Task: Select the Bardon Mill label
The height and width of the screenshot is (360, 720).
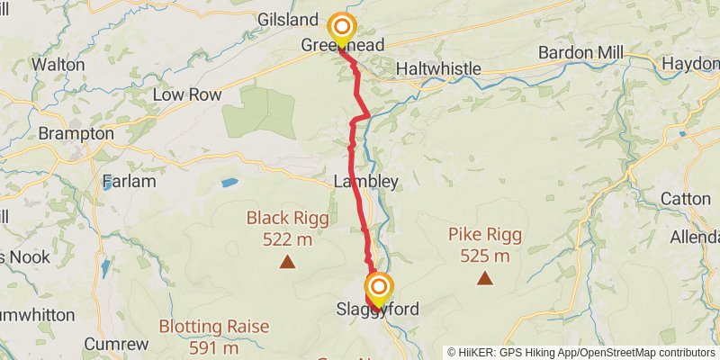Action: pyautogui.click(x=580, y=52)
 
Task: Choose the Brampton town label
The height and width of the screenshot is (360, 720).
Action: pyautogui.click(x=76, y=134)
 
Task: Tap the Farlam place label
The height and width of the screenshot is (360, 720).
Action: pyautogui.click(x=129, y=181)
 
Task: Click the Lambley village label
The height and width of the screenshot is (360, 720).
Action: pyautogui.click(x=365, y=181)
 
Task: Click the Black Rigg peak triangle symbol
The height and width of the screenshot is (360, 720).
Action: pyautogui.click(x=287, y=262)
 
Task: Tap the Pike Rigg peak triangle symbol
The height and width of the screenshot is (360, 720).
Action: pyautogui.click(x=485, y=277)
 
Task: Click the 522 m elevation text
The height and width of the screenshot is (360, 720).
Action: pyautogui.click(x=287, y=239)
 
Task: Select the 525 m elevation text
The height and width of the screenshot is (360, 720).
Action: pyautogui.click(x=485, y=256)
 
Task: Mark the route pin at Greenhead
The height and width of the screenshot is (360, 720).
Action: pyautogui.click(x=341, y=27)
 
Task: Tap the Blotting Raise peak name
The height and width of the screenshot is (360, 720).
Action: pyautogui.click(x=213, y=326)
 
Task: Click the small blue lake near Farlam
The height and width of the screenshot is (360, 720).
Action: pyautogui.click(x=229, y=183)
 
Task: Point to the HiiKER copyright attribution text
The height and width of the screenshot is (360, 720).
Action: pyautogui.click(x=581, y=352)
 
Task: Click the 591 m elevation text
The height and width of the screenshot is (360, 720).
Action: pyautogui.click(x=213, y=347)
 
